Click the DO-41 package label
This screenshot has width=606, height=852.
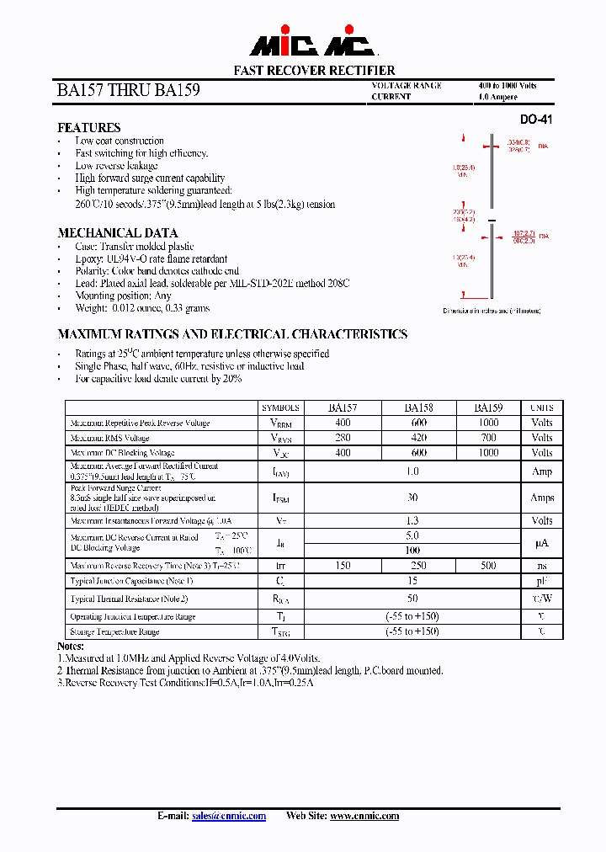point(536,120)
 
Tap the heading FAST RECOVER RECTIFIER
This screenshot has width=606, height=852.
point(314,71)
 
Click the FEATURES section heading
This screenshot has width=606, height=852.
point(88,128)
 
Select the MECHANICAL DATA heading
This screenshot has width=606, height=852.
point(117,233)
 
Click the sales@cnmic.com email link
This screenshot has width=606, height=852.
point(229,816)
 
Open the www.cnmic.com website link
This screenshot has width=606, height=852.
point(364,816)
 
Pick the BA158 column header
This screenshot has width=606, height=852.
point(419,407)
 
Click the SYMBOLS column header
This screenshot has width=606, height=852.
point(281,407)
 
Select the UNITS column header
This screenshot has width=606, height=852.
point(541,407)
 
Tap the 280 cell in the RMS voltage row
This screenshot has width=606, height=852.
point(343,438)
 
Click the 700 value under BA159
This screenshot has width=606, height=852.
point(488,438)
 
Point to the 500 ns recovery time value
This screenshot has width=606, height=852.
point(488,566)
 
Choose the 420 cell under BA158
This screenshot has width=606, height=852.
point(419,438)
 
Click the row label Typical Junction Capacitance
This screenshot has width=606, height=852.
point(132,581)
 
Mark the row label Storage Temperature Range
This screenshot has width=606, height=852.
point(114,631)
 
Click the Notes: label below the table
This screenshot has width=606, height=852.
point(70,646)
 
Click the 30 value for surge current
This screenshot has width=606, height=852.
point(412,498)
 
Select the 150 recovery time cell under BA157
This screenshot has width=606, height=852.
point(343,566)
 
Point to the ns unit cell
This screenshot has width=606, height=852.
point(541,566)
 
